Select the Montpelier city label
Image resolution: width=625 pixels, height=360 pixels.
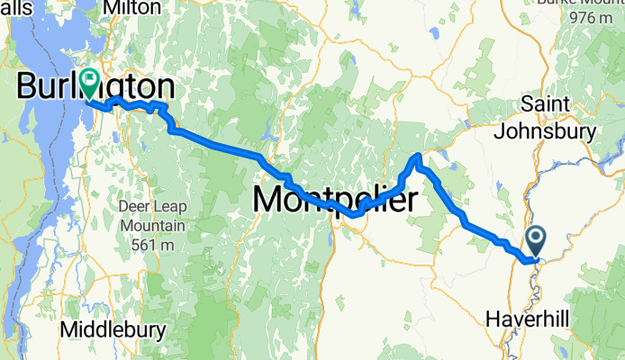click(335, 199)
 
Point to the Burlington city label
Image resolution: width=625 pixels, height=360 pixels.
click(95, 87)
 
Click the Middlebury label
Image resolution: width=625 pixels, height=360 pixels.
click(113, 330)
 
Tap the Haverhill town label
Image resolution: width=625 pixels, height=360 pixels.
click(526, 319)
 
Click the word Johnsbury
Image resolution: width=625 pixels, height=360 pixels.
click(546, 131)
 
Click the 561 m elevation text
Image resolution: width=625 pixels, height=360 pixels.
click(151, 245)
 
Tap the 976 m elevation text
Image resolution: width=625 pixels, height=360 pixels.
click(592, 18)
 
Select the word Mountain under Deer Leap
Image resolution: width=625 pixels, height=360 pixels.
click(151, 225)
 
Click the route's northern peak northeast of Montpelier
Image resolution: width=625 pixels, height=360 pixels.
click(416, 159)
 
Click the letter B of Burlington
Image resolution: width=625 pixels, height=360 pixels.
click(27, 87)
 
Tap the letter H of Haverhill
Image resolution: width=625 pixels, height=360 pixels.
click(492, 319)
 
